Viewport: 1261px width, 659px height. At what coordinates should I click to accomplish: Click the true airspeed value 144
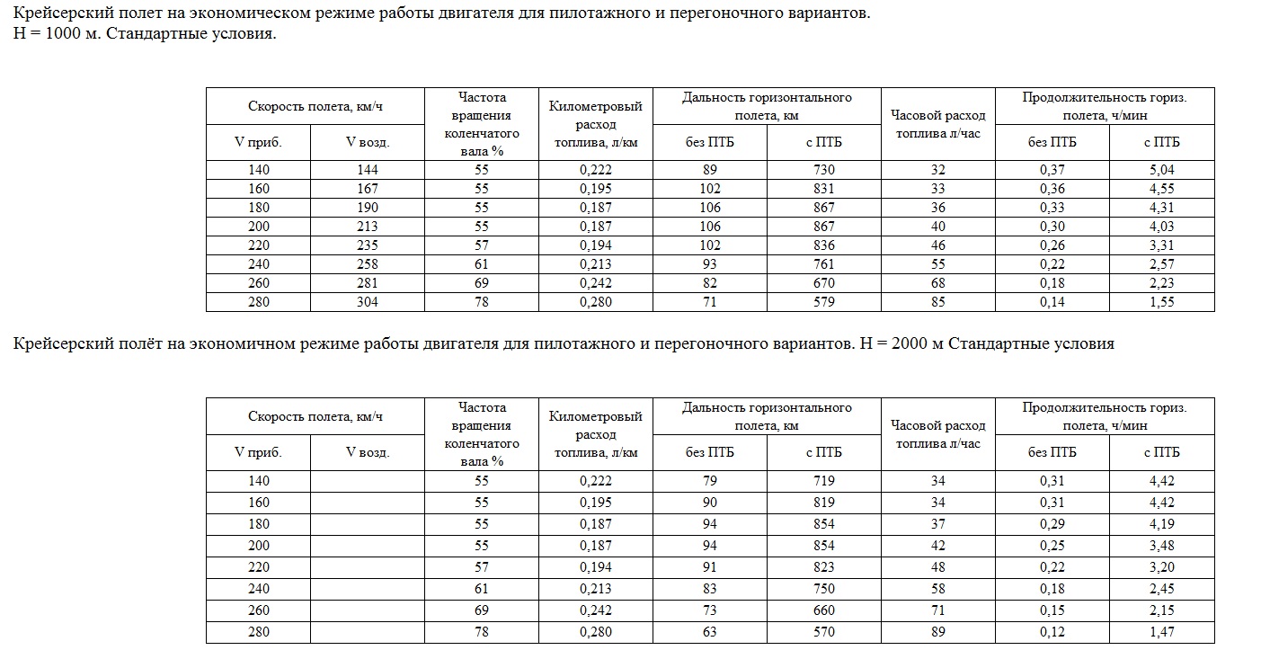coord(367,170)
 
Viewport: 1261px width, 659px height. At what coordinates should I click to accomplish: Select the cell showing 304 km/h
coord(367,302)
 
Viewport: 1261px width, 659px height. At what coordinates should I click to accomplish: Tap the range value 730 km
coord(823,170)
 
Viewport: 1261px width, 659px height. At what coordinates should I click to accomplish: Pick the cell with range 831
coord(823,189)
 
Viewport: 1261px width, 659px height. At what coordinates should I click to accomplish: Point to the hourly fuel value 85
coord(937,302)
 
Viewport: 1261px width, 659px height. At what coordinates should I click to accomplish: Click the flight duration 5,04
coord(1161,170)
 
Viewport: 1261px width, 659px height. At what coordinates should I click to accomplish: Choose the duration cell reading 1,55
coord(1161,302)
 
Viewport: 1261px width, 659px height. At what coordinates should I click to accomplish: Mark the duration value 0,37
coord(1052,170)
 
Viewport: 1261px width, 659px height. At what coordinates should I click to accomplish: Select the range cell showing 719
coord(823,481)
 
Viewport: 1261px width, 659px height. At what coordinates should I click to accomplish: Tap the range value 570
coord(823,632)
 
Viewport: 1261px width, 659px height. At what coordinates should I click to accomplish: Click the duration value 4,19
coord(1161,524)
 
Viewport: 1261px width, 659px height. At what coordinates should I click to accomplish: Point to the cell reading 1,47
coord(1161,632)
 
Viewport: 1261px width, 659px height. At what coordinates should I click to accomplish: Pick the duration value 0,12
coord(1052,632)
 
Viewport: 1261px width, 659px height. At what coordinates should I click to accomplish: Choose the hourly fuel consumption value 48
coord(937,567)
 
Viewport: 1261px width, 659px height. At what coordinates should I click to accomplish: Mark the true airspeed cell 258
coord(367,264)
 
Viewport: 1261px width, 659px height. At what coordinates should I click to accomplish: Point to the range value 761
coord(823,264)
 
